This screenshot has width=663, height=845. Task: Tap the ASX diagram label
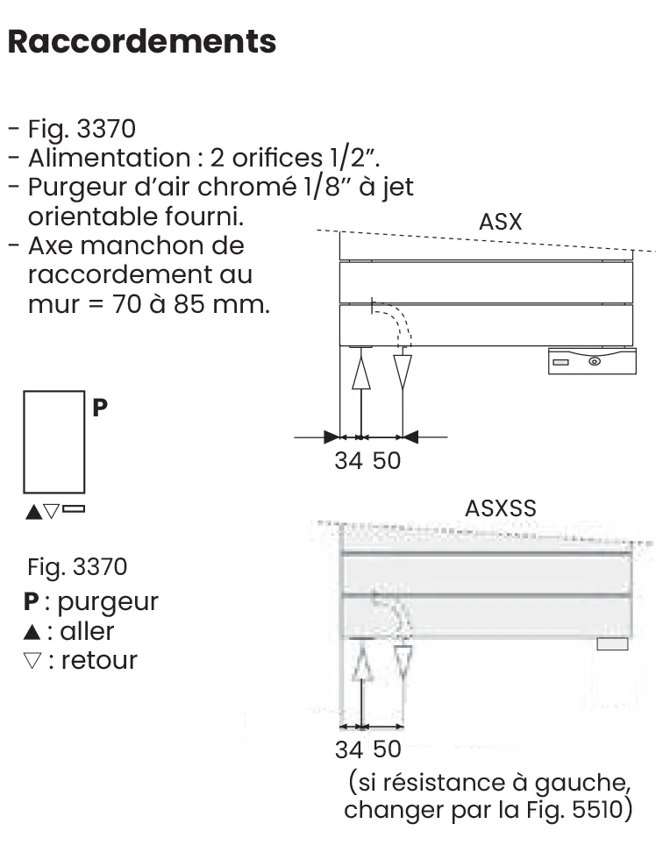tap(500, 222)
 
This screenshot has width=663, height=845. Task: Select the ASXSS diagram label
tap(500, 508)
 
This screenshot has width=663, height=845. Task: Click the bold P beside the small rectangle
tap(100, 408)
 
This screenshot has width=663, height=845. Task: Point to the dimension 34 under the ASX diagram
tap(348, 461)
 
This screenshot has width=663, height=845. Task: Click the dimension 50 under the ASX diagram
tap(387, 461)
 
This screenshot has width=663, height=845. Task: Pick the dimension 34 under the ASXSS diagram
tap(349, 749)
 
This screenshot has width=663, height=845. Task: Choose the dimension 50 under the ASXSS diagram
tap(387, 749)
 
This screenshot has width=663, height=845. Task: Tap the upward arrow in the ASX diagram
tap(360, 373)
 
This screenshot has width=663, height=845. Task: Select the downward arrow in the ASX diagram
tap(403, 372)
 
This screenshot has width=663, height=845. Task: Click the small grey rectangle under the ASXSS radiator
tap(612, 644)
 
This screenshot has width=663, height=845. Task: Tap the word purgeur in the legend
tap(107, 601)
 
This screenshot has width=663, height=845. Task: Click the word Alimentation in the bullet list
tap(103, 159)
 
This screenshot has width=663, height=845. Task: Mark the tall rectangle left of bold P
tap(54, 442)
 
